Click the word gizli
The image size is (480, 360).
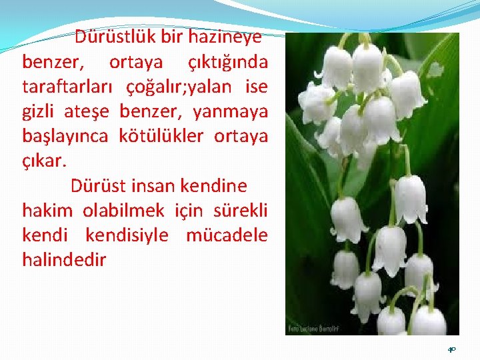[x=40, y=111]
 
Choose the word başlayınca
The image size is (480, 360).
[x=65, y=136]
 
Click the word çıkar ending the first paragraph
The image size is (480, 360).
[x=44, y=161]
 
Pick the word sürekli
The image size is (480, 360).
[x=241, y=210]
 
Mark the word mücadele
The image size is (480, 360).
[x=227, y=235]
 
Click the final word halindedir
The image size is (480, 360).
[x=64, y=259]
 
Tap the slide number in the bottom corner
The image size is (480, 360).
[x=451, y=349]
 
